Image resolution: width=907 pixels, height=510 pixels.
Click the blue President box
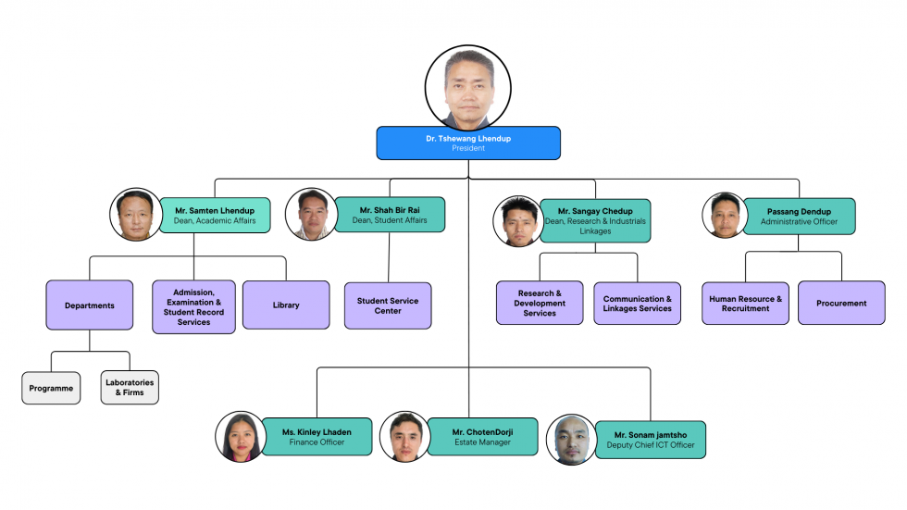pyautogui.click(x=468, y=143)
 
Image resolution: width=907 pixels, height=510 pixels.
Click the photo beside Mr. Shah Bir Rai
pyautogui.click(x=312, y=215)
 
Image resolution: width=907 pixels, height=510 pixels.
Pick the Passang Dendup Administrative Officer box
pyautogui.click(x=799, y=217)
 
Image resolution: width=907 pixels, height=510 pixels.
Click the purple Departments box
pyautogui.click(x=90, y=305)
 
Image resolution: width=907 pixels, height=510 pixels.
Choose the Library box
pyautogui.click(x=286, y=305)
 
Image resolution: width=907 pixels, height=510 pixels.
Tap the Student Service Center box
pyautogui.click(x=388, y=305)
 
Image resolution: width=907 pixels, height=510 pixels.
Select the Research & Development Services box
pyautogui.click(x=540, y=303)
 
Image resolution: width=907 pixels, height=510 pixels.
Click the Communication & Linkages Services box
pyautogui.click(x=637, y=304)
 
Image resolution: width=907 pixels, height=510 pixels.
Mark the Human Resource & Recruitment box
pyautogui.click(x=745, y=303)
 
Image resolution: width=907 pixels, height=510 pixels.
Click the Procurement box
pyautogui.click(x=841, y=303)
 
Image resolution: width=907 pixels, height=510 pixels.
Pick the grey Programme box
pyautogui.click(x=51, y=388)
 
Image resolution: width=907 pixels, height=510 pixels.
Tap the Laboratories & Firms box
pyautogui.click(x=130, y=388)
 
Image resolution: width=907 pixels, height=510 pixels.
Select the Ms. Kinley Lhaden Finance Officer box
pyautogui.click(x=317, y=437)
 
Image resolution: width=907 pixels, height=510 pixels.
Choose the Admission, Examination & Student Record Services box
pyautogui.click(x=193, y=306)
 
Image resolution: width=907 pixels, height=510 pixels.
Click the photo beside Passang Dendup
pyautogui.click(x=725, y=216)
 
